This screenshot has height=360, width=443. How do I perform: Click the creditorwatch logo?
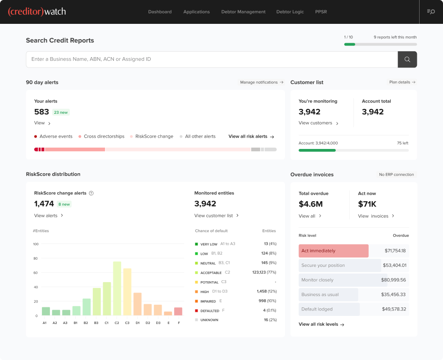[37, 12]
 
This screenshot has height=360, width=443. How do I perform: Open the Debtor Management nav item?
[243, 12]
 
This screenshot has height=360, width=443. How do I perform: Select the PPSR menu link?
[321, 12]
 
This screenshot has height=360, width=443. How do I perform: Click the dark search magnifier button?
[407, 59]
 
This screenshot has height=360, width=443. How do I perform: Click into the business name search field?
[212, 59]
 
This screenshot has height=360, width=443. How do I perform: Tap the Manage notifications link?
[262, 82]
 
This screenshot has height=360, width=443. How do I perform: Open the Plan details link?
[402, 82]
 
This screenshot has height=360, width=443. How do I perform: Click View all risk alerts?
[251, 136]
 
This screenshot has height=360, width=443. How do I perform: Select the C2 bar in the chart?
[117, 288]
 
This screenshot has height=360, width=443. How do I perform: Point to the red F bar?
[178, 311]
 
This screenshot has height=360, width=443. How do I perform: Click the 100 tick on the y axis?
[36, 244]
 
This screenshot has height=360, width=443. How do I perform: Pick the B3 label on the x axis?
[96, 323]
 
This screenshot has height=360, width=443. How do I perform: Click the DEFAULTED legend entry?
[209, 311]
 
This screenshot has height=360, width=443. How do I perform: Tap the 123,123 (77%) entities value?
[264, 272]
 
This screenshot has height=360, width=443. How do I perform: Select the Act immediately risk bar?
[333, 251]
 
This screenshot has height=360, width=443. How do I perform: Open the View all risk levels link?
[321, 324]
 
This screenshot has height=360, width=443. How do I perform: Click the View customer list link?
[216, 216]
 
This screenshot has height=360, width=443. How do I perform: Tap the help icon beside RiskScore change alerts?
[91, 193]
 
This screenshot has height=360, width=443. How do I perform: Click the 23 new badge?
[61, 112]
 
